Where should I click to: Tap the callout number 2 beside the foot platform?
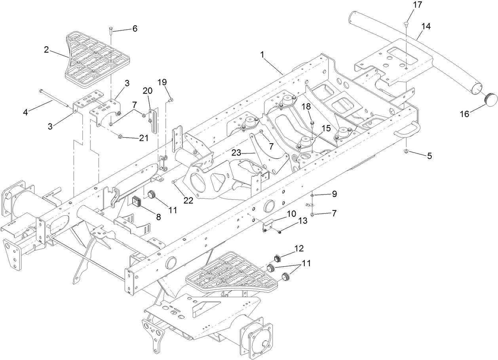tap(46, 50)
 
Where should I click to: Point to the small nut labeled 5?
tap(406, 151)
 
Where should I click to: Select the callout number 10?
tap(291, 214)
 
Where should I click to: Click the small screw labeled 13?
tap(279, 231)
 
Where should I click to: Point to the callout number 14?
tap(426, 27)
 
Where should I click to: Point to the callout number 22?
tap(188, 200)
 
